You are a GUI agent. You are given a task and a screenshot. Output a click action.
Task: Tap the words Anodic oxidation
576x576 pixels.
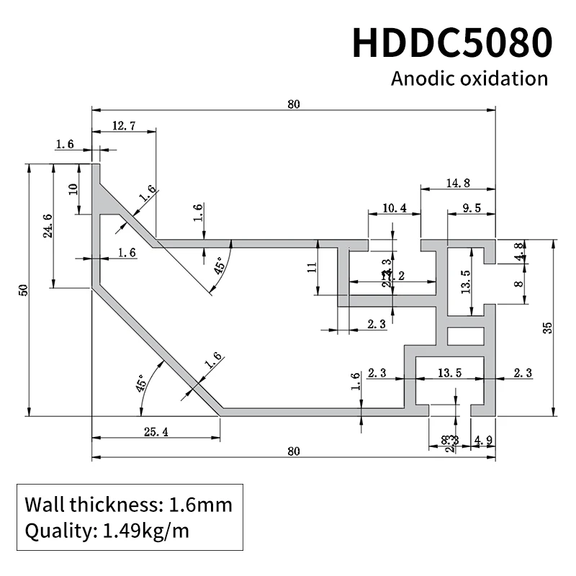[x=469, y=78]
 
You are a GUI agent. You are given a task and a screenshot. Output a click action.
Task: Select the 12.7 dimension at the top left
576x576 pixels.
[x=124, y=126]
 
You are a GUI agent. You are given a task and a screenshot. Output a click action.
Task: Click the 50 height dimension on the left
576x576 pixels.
[x=23, y=289]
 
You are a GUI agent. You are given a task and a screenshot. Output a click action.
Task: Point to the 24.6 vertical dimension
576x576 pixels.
[x=48, y=229]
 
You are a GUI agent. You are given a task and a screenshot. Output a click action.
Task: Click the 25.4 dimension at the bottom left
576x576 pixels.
[x=156, y=432]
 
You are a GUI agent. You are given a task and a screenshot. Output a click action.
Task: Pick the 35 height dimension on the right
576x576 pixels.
[x=548, y=328]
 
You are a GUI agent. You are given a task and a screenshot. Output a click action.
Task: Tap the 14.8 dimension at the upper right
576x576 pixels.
[x=458, y=184]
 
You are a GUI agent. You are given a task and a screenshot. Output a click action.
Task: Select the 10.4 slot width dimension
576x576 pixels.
[x=395, y=209]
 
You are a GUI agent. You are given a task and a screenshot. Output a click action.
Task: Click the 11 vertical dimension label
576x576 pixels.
[x=311, y=268]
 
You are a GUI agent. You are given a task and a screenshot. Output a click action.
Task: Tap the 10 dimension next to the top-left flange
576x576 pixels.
[x=72, y=189]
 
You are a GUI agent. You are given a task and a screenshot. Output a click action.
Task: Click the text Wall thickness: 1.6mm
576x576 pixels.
[x=128, y=504]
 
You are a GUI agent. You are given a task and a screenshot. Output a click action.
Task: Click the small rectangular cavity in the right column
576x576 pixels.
[x=461, y=336]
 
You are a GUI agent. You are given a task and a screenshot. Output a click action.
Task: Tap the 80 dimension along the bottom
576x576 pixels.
[x=293, y=452]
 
